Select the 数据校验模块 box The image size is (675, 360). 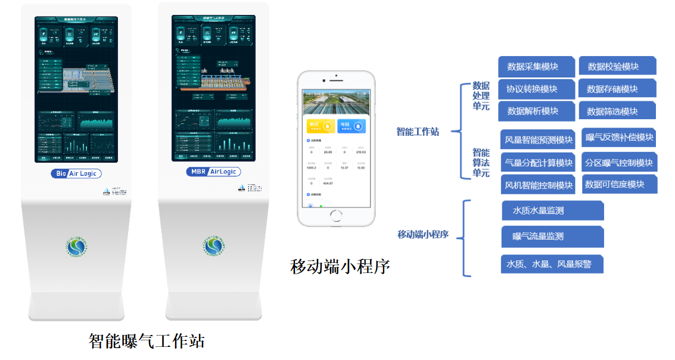coord(617,66)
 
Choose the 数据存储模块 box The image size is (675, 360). coord(617,89)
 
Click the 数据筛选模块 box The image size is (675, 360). coord(617,111)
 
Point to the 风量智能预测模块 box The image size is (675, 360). coord(538,140)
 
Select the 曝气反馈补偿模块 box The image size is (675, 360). coord(619,138)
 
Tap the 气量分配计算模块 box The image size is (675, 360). coord(538,162)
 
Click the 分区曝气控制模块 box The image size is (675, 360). coord(619,162)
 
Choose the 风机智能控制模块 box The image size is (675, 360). coord(538,185)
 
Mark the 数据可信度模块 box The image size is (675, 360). coord(619,184)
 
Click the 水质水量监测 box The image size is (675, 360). coord(552,210)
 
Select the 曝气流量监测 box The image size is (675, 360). coord(552,237)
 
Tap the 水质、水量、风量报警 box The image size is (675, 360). coord(552,263)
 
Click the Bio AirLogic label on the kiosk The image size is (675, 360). coord(76,173)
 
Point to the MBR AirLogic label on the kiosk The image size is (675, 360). coord(213,172)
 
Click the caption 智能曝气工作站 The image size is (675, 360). coord(147,341)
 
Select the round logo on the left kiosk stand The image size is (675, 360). coord(77,247)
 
